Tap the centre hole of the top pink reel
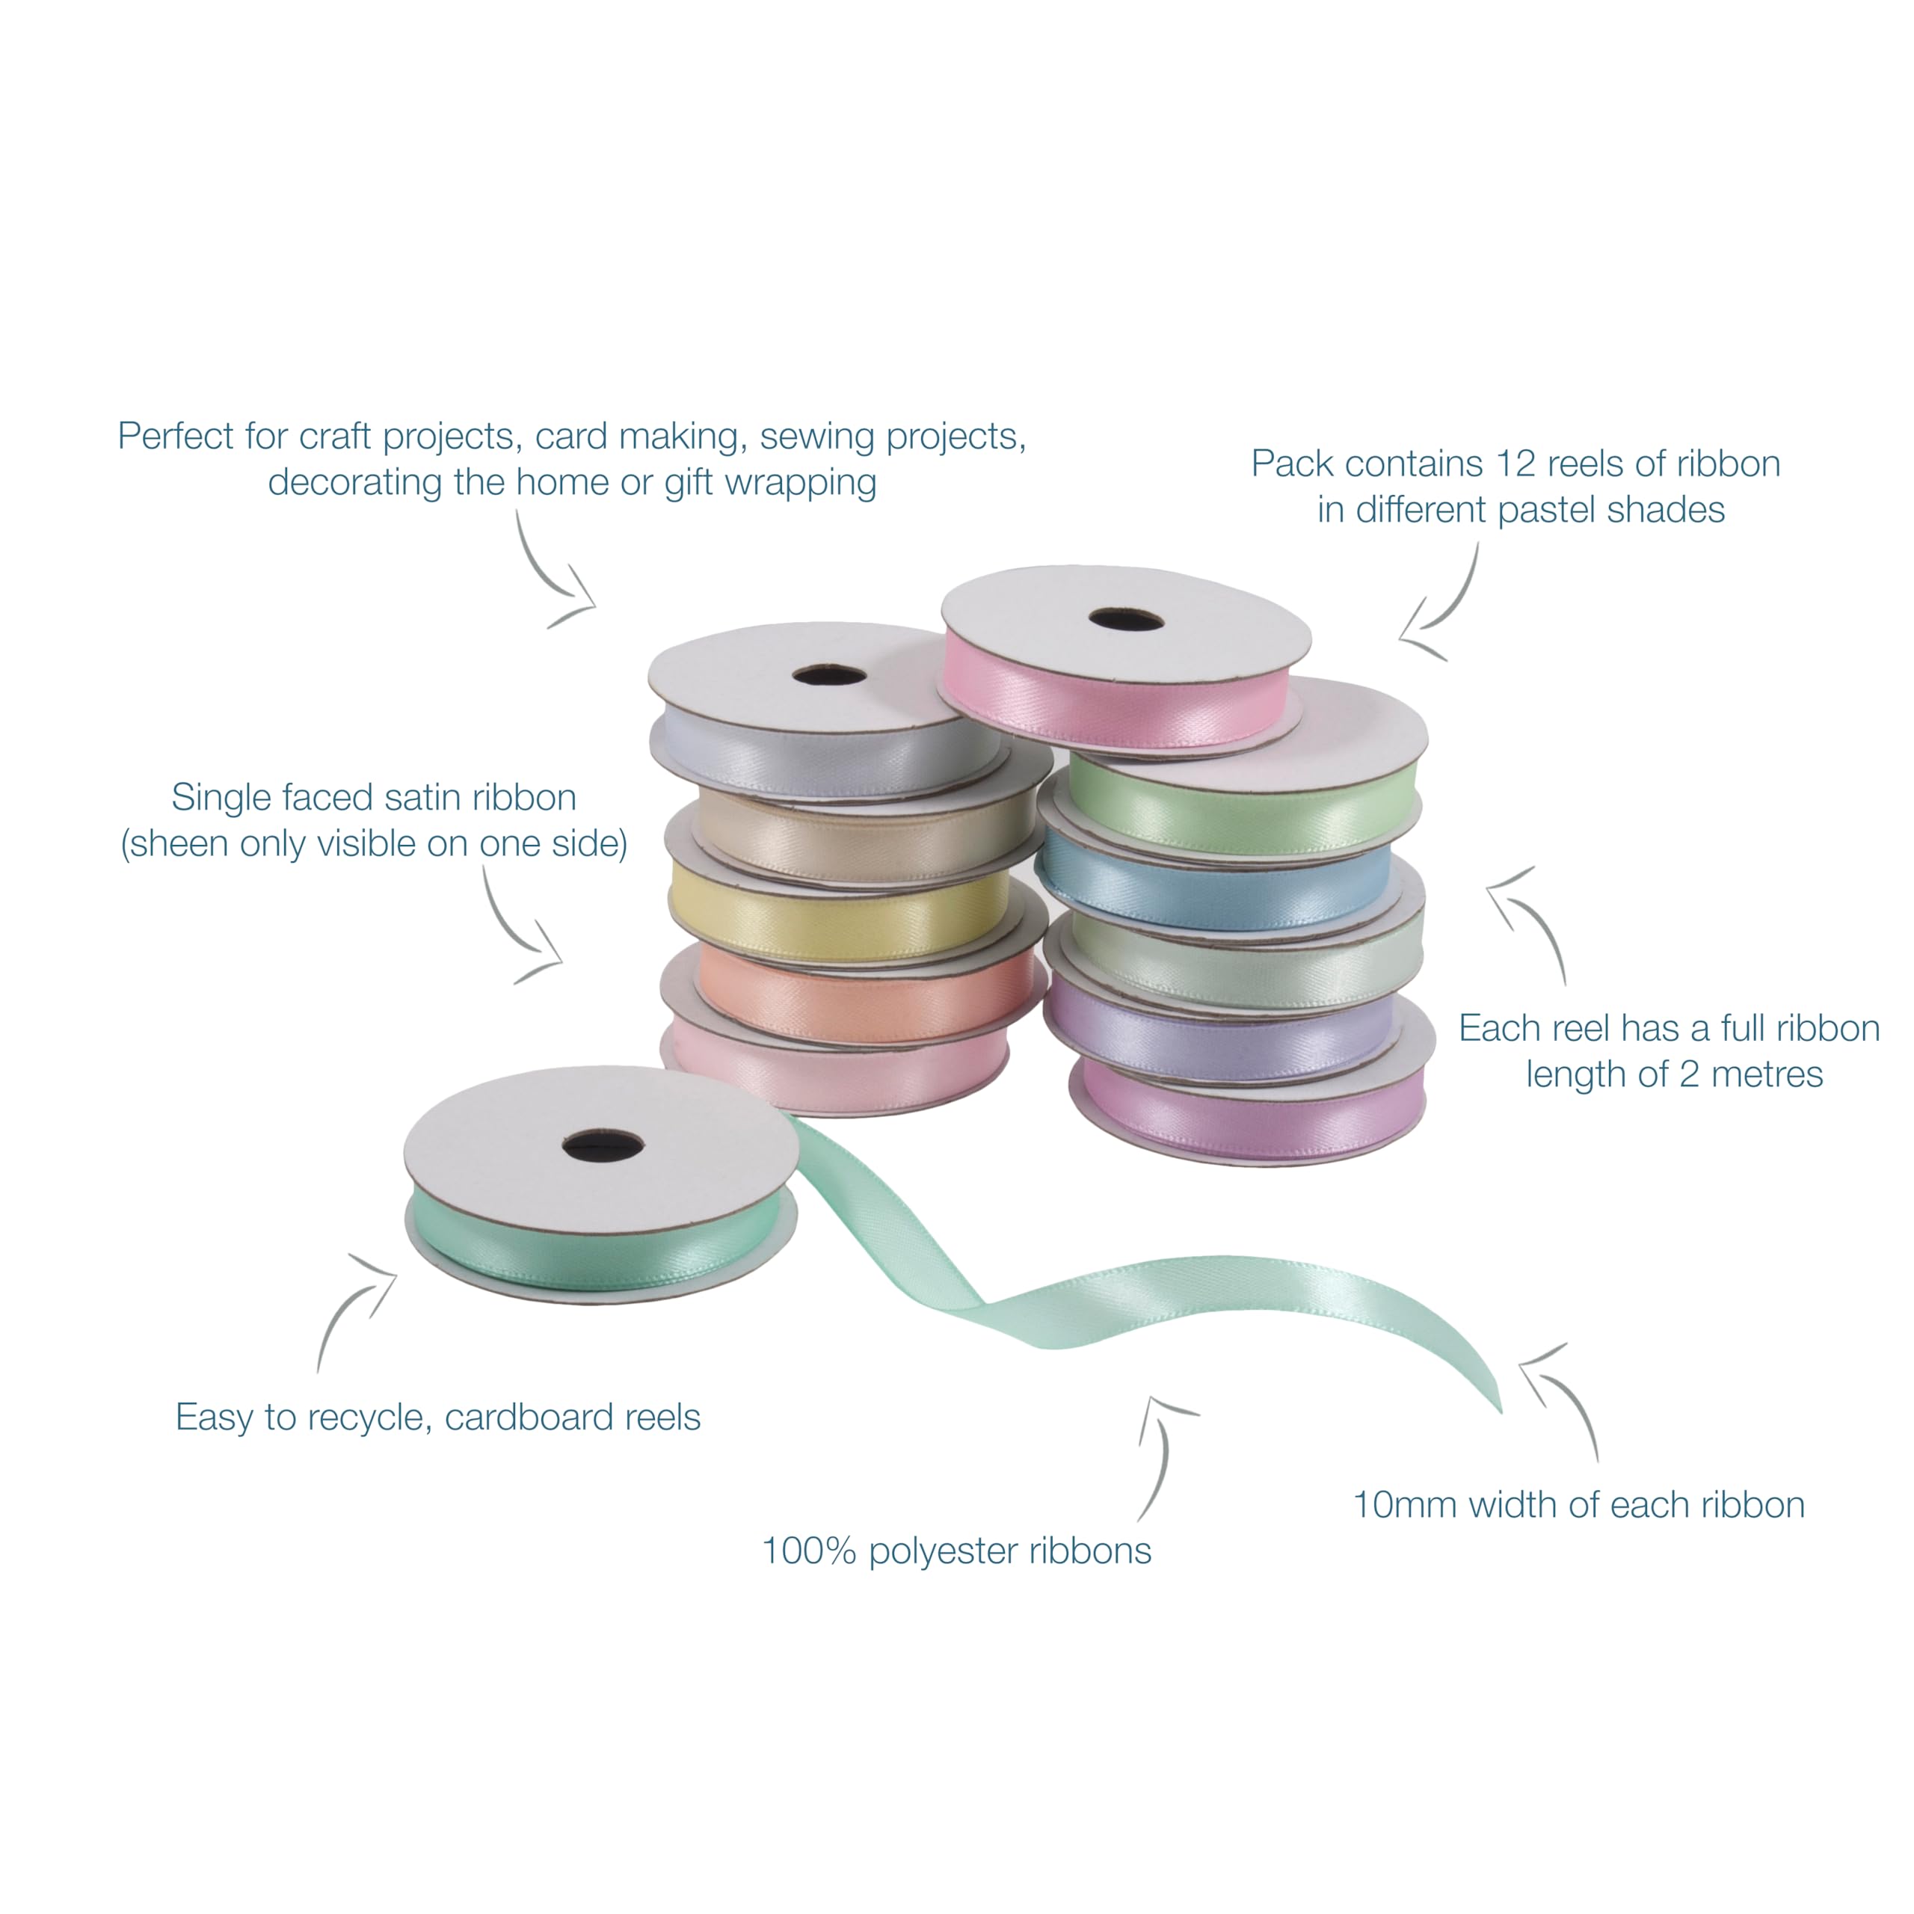tap(1125, 620)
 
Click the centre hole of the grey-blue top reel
tap(829, 676)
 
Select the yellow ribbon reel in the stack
tap(840, 917)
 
